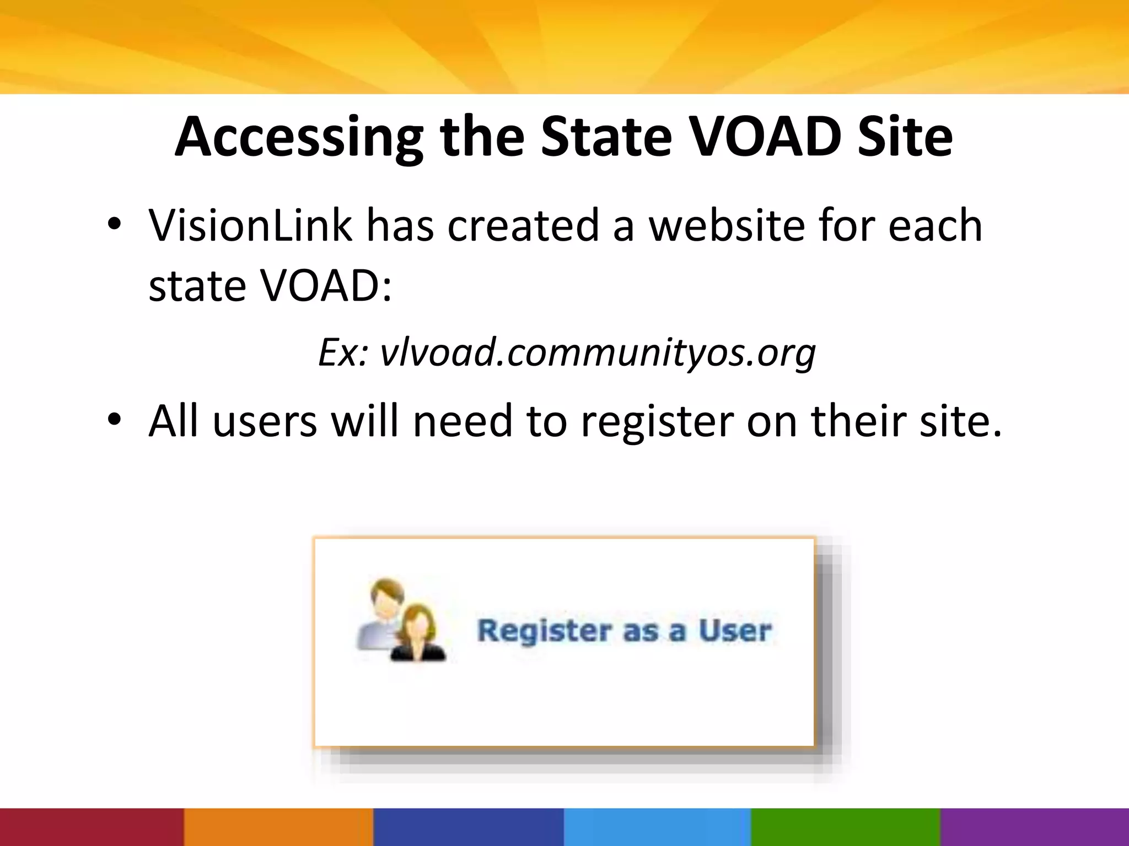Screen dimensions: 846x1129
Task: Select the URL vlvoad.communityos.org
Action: pos(598,352)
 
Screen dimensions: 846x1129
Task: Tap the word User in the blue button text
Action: pos(735,631)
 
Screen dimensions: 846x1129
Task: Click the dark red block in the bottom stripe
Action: pos(92,827)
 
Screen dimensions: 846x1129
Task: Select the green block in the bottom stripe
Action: pos(845,827)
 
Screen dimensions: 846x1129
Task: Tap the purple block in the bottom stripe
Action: pos(1034,827)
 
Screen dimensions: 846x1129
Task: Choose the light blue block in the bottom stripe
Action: pos(657,827)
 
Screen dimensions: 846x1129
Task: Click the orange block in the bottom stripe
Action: pos(278,827)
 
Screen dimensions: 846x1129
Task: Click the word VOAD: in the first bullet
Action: pos(325,286)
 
